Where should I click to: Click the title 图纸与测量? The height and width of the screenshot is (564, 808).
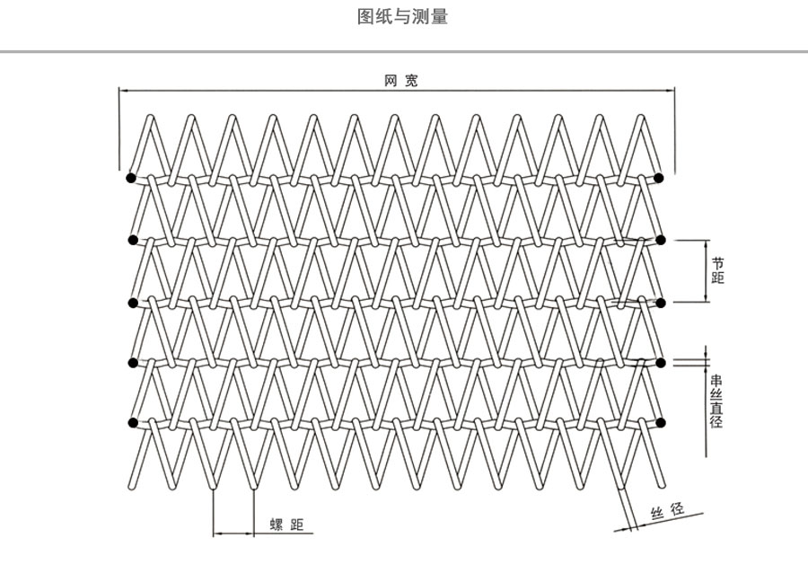click(x=402, y=18)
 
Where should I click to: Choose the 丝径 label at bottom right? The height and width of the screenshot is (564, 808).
click(x=667, y=512)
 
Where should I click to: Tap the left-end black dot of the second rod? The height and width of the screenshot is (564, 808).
click(x=133, y=240)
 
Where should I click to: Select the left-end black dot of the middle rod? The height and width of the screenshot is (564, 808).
click(x=133, y=301)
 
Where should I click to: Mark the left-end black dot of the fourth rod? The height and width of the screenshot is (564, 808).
click(x=133, y=362)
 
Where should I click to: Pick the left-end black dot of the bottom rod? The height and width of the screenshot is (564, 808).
click(x=133, y=422)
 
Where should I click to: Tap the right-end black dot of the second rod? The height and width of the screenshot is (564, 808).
click(x=661, y=240)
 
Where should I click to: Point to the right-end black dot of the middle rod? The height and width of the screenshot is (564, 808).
click(x=661, y=301)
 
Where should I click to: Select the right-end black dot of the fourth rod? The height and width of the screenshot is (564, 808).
click(x=661, y=362)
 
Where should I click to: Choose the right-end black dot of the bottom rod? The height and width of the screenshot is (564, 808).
click(x=661, y=422)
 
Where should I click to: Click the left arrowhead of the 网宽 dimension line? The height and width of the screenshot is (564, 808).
click(x=124, y=91)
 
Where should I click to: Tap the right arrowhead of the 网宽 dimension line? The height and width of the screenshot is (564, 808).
click(x=671, y=91)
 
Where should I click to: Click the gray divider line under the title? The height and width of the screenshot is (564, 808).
click(x=404, y=52)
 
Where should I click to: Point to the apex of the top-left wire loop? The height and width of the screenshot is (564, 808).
click(x=151, y=117)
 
